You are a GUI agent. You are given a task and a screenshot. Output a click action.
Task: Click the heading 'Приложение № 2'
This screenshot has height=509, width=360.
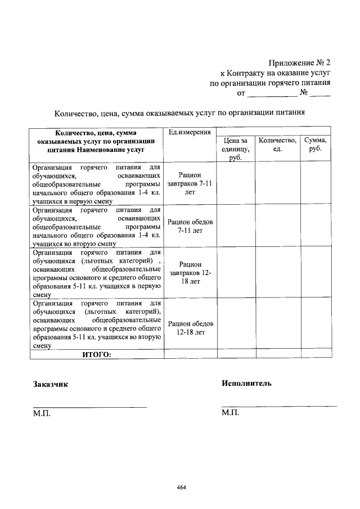click(x=299, y=62)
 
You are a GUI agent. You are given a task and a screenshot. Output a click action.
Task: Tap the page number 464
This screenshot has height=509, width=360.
click(x=181, y=487)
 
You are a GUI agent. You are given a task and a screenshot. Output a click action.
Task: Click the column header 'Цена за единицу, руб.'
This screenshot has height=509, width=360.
click(x=235, y=149)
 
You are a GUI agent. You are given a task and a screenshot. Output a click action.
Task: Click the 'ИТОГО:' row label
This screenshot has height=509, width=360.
click(x=97, y=354)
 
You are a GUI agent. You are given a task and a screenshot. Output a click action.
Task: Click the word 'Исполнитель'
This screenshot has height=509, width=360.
click(x=246, y=384)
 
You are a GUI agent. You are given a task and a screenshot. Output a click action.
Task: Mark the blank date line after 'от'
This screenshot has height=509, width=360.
click(x=272, y=96)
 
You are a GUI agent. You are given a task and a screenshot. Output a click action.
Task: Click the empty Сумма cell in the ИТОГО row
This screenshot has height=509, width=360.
click(x=315, y=354)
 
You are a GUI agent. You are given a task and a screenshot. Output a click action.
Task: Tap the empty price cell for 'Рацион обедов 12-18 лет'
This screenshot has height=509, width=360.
click(x=235, y=325)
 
